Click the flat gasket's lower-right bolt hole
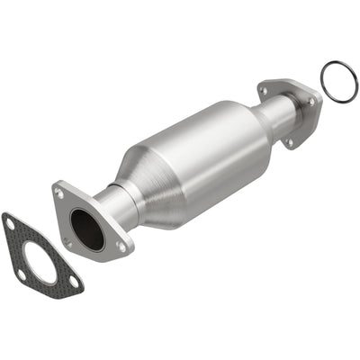pyautogui.click(x=72, y=281)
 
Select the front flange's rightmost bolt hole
pyautogui.click(x=121, y=245)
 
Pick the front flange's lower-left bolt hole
pyautogui.click(x=67, y=240)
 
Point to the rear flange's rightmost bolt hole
pyautogui.click(x=312, y=102)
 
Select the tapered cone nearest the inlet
pyautogui.click(x=144, y=184)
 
